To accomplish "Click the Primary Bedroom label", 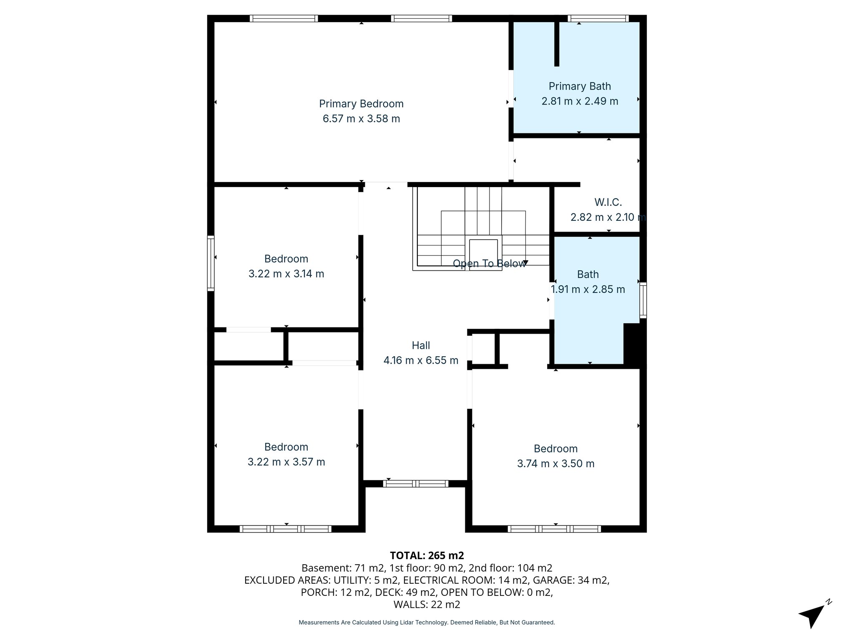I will (361, 103).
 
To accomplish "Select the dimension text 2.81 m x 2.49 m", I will (580, 101).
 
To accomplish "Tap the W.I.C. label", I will (608, 202).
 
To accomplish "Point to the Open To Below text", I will (489, 264).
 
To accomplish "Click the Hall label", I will (421, 345).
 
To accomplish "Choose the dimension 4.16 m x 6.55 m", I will (421, 360).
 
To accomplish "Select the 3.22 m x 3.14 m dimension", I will (286, 274).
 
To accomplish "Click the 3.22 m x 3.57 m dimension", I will (286, 462).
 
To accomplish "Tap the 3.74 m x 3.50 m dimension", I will (555, 463).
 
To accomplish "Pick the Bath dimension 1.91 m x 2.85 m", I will (588, 289).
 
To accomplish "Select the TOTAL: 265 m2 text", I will (427, 555).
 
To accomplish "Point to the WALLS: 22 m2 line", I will (427, 604).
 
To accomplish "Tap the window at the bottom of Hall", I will (416, 484).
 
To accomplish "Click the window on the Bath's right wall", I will (643, 300).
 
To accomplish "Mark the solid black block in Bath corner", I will (634, 345).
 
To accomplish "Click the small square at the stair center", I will (483, 254).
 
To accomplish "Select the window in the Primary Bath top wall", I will (598, 18).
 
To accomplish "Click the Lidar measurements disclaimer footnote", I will (427, 622).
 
